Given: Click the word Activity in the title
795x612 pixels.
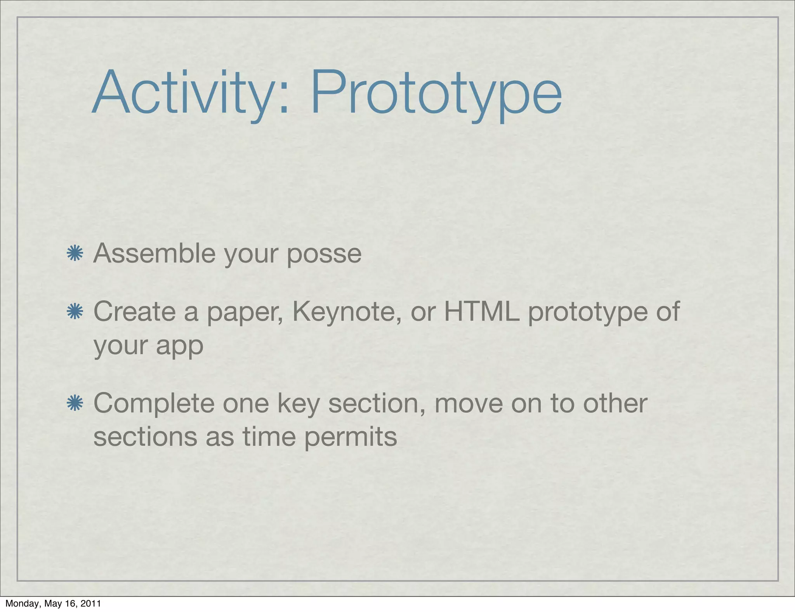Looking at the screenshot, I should tap(182, 93).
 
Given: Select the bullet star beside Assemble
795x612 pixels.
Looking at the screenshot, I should tap(75, 254).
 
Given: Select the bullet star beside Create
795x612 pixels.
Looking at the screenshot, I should tap(75, 312).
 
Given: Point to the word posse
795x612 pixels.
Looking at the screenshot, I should tap(324, 254).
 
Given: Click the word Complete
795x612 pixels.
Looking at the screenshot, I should tap(154, 404).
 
